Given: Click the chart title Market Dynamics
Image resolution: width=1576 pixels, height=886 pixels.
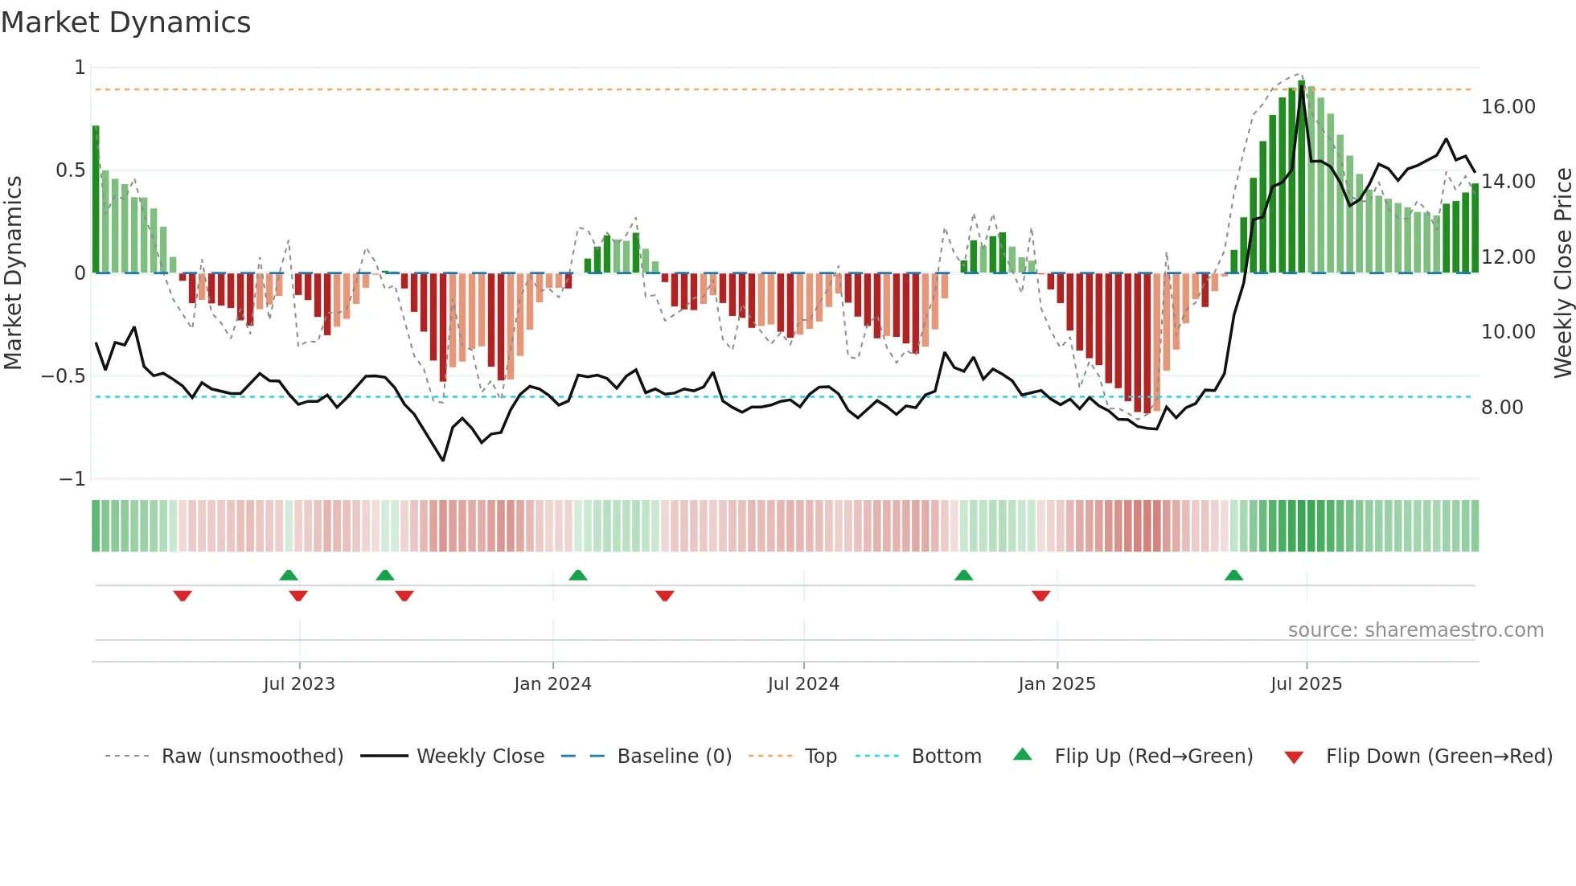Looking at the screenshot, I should click(x=125, y=23).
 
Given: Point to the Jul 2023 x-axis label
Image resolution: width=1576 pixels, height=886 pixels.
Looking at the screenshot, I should click(x=299, y=684).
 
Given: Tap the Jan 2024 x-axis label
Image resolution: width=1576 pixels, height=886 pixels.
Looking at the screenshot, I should click(x=552, y=684).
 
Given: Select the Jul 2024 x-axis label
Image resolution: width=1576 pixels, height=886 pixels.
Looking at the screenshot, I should click(x=803, y=684).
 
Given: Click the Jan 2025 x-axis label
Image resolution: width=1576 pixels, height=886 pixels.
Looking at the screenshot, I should click(x=1057, y=684).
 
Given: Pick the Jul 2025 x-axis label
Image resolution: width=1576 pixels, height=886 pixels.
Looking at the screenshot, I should click(x=1306, y=684).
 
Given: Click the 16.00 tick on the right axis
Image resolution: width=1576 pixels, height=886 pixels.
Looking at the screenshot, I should click(x=1508, y=107).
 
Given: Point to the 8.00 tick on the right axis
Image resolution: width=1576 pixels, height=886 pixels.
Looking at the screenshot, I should click(x=1502, y=408).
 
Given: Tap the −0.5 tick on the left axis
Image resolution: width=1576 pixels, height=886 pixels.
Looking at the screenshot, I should click(x=63, y=376).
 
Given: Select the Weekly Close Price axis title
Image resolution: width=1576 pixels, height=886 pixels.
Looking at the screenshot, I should click(x=1562, y=273).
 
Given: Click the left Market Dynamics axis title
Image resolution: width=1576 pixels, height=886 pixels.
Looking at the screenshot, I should click(x=13, y=273).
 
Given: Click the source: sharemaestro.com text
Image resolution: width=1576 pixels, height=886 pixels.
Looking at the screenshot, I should click(x=1415, y=630).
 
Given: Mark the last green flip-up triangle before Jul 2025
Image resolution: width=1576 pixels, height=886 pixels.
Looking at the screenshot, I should click(x=1233, y=575).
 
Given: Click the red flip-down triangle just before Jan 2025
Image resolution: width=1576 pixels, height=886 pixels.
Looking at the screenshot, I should click(x=1040, y=596).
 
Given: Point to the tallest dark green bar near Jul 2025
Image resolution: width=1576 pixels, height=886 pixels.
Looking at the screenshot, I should click(x=1301, y=177).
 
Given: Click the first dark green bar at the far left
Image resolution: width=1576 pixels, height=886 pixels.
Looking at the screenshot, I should click(x=96, y=199).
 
